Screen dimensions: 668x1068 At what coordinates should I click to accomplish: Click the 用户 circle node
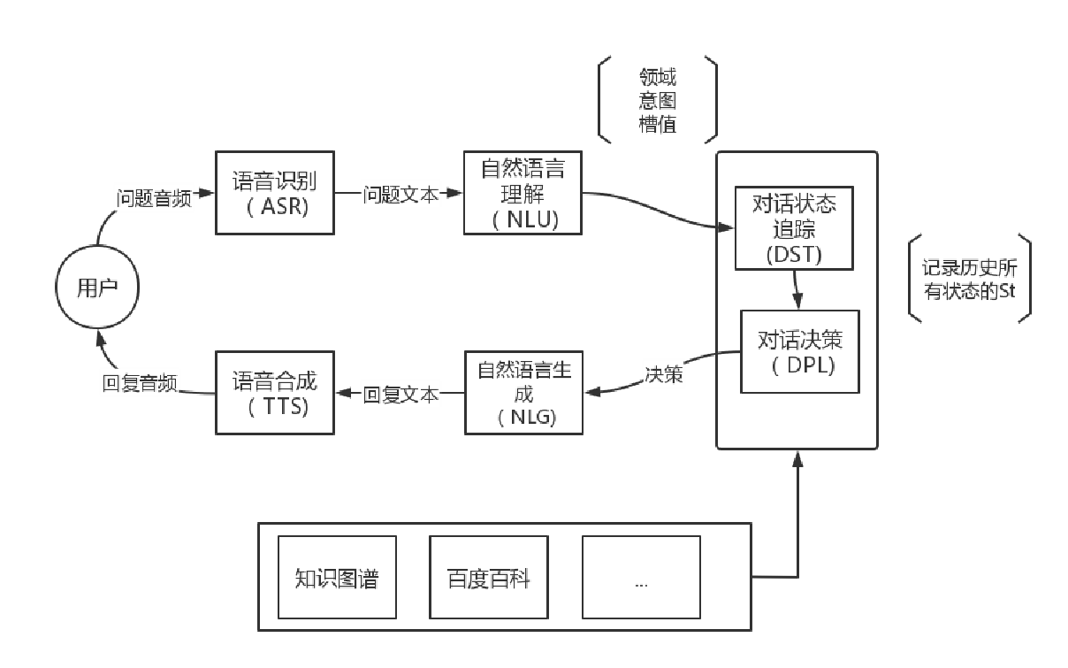(x=97, y=288)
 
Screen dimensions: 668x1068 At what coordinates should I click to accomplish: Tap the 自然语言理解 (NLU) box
(x=523, y=193)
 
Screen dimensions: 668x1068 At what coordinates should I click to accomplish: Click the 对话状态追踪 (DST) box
(x=794, y=228)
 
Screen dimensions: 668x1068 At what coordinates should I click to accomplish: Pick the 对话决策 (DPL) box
(x=800, y=351)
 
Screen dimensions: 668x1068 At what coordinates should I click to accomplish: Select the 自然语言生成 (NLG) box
(x=524, y=393)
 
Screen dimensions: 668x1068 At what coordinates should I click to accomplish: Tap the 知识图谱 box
(x=337, y=578)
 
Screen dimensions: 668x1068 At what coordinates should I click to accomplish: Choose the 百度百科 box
(x=488, y=578)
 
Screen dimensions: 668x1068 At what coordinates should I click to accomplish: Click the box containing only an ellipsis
(x=641, y=578)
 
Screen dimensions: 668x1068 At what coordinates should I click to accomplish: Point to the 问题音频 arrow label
(x=154, y=198)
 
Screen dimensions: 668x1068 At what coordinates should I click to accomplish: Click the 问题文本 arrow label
(x=400, y=196)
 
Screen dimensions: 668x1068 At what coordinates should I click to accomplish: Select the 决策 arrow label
(x=663, y=374)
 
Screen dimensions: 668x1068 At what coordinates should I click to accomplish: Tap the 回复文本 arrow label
(x=400, y=395)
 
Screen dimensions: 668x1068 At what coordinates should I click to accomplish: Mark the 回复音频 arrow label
(x=140, y=384)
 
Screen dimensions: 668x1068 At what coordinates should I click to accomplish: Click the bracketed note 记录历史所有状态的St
(x=969, y=279)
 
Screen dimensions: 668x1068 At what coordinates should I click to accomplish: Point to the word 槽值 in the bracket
(x=658, y=124)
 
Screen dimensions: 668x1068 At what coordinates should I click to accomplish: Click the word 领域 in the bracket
(x=658, y=78)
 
